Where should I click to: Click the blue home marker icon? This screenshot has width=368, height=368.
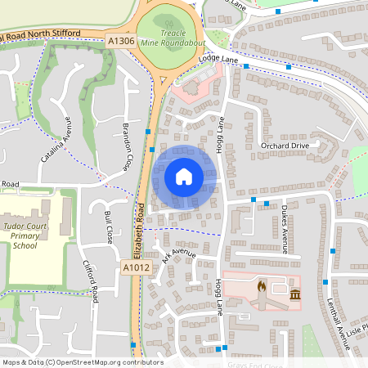pos(183,177)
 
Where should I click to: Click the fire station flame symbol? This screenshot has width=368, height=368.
pos(261,288)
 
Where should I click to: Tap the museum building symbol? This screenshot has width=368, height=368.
pos(294,294)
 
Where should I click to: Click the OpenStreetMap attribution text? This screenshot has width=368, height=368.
pos(82,362)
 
